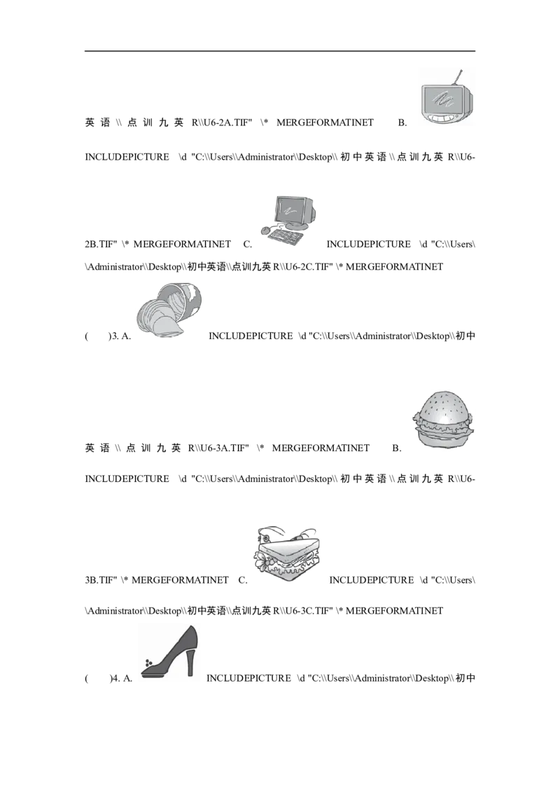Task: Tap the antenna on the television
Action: pos(458,77)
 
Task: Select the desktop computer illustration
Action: pos(290,221)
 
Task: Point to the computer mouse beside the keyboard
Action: pos(265,231)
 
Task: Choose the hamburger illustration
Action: pos(443,419)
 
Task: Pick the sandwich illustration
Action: pos(286,553)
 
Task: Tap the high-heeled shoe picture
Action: pos(169,651)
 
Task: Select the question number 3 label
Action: pos(115,336)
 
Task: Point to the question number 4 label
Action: pos(115,678)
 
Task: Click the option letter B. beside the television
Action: pos(402,123)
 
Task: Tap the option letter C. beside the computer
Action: pos(248,244)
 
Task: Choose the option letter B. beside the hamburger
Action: pos(397,448)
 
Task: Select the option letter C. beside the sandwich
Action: pos(243,580)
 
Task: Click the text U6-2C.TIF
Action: pos(309,266)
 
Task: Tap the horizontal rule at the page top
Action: pos(280,51)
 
